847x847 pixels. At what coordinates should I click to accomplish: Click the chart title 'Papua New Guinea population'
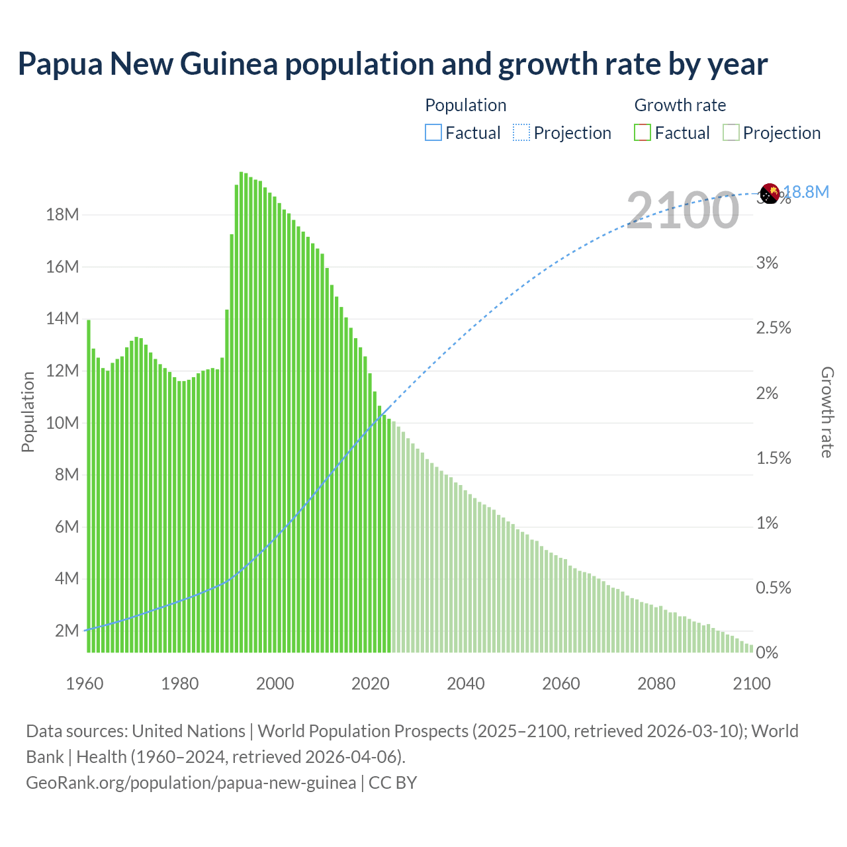pos(392,64)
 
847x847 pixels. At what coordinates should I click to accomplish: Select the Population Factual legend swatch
pos(433,133)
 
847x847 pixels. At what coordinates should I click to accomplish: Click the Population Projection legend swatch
pos(521,133)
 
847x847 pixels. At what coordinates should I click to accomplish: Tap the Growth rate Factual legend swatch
pos(643,133)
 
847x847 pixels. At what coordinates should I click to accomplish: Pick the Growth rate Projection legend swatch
pos(731,133)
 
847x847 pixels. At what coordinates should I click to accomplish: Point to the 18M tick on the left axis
pos(62,215)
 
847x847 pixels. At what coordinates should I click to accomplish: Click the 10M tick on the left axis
pos(62,423)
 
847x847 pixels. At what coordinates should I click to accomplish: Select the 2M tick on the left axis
pos(67,631)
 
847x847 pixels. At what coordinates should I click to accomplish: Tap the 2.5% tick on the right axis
pos(773,328)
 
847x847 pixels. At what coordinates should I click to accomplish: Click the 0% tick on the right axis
pos(767,653)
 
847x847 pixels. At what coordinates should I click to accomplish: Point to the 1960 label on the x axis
pos(85,684)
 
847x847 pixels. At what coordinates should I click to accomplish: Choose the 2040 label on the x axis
pos(466,684)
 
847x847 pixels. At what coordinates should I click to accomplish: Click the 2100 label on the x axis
pos(752,684)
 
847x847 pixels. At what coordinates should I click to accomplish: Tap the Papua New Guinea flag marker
pos(770,193)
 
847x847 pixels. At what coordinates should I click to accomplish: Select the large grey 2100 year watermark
pos(682,210)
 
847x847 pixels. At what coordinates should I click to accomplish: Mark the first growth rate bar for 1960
pos(89,486)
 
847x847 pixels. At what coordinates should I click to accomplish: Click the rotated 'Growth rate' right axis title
pos(827,412)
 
